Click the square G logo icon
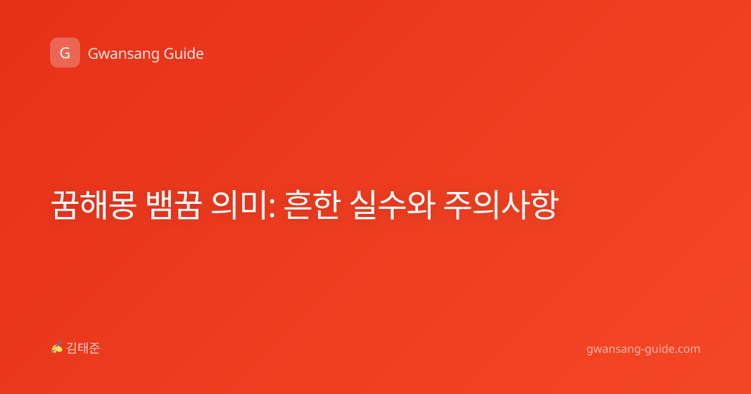tap(65, 53)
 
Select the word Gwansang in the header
tap(123, 54)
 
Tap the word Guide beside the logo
tap(184, 53)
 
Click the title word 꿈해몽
tap(94, 205)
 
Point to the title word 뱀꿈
tap(174, 205)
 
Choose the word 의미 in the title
tap(238, 205)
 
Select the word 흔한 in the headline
tap(312, 205)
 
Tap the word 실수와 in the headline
tap(392, 205)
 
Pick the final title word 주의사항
tap(501, 205)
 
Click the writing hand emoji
tap(57, 348)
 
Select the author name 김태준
tap(83, 348)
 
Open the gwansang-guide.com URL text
tap(643, 349)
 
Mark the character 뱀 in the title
tap(160, 205)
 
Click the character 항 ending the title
tap(544, 205)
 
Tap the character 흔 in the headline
tap(298, 205)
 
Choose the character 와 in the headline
tap(421, 205)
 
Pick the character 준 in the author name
tap(95, 348)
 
